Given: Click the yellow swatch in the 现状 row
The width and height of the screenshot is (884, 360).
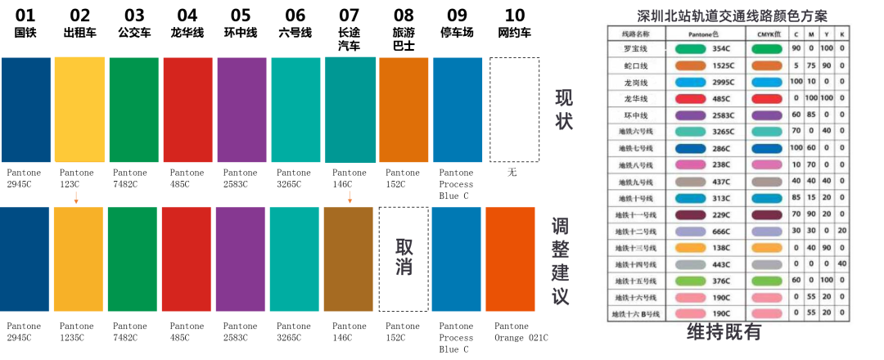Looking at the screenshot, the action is coord(79,110).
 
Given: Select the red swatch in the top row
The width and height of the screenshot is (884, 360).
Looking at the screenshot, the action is coord(187,110).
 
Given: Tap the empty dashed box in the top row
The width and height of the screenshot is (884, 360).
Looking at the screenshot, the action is coord(514,110).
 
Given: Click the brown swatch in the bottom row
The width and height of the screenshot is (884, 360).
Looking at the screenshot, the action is coord(349,259).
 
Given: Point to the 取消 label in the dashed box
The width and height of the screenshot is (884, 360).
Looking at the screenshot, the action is coord(404,258).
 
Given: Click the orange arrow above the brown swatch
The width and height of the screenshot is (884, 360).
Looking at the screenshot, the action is coord(350,197).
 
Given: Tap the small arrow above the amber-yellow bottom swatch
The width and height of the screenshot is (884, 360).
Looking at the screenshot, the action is coord(76,197).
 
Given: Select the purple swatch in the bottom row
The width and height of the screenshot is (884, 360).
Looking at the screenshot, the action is coord(240,259).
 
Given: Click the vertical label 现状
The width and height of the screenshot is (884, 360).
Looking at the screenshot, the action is coord(564,110).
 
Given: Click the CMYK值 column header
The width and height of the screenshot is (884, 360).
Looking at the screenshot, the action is coord(766,34).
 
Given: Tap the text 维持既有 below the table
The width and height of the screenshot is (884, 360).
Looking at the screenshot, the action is coord(724,331).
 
